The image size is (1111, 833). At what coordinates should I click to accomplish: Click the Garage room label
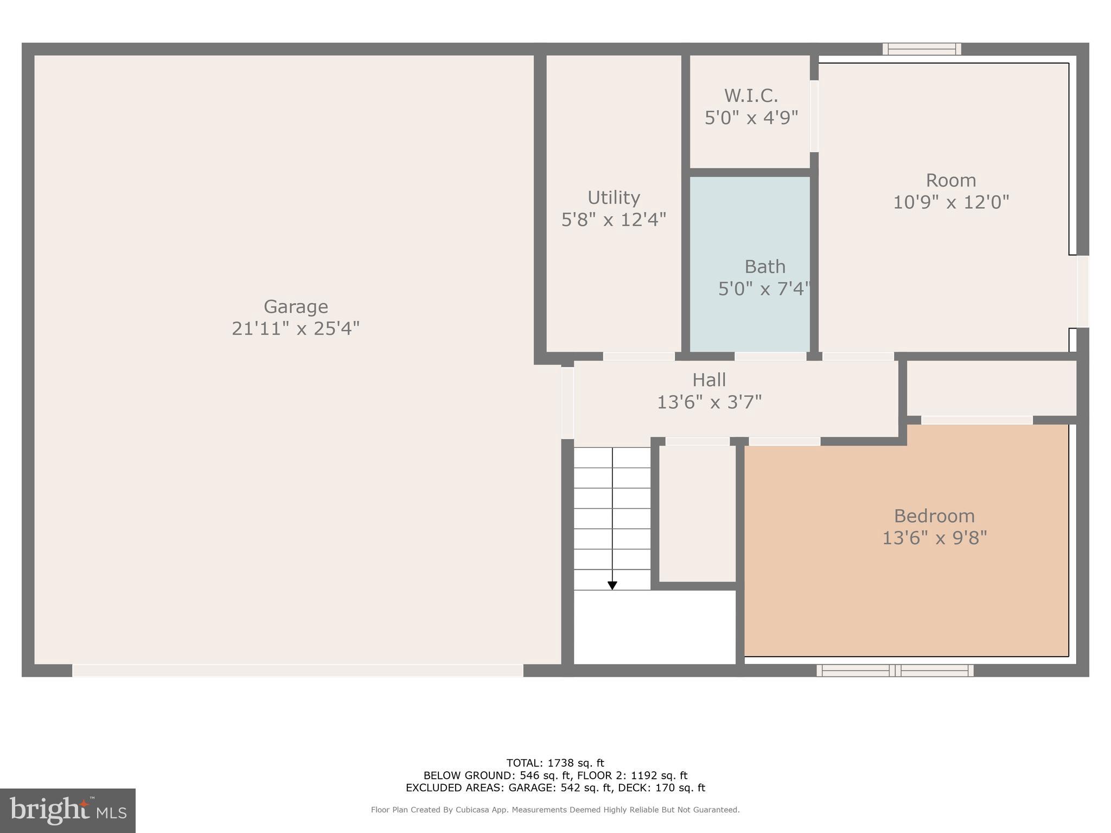296,307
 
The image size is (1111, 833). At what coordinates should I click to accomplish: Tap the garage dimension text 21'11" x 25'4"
296,329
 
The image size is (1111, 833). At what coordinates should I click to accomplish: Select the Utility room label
614,198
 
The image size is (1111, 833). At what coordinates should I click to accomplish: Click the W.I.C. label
751,96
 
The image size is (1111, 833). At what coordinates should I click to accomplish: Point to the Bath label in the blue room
765,267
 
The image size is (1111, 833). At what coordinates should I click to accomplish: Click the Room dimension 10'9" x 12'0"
951,202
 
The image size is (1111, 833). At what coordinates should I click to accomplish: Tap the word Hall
709,380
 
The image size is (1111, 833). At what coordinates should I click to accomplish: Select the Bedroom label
934,516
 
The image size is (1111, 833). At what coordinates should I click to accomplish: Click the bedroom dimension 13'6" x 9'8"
934,538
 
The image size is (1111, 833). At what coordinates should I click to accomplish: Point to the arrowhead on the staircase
612,586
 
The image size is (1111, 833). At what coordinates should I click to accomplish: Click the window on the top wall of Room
922,49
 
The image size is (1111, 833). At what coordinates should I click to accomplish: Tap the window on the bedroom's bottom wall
895,670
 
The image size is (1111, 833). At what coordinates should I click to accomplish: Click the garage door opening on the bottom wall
298,670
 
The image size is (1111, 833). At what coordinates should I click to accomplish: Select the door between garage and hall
567,403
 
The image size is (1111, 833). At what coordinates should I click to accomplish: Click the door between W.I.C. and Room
814,116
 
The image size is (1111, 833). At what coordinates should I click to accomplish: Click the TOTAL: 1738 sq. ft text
555,763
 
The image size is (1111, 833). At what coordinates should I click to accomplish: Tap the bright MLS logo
68,811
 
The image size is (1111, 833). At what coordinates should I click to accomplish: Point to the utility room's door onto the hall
639,356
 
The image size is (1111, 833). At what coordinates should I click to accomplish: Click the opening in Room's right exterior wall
1083,291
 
